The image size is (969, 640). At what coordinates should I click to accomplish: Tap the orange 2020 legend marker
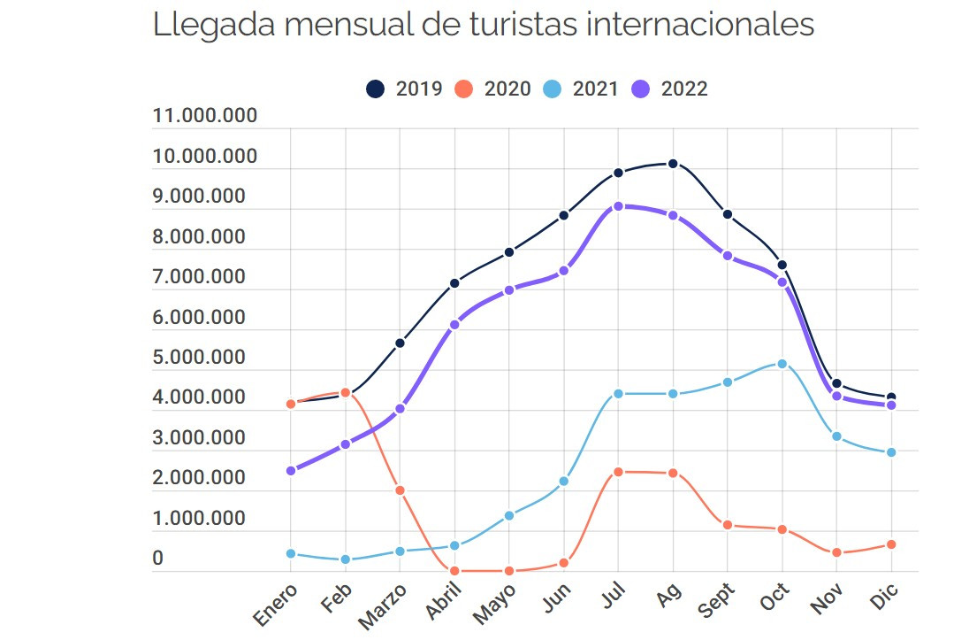click(x=464, y=89)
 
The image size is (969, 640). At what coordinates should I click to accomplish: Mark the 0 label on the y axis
click(x=158, y=559)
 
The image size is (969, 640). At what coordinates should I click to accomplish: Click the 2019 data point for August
click(x=673, y=164)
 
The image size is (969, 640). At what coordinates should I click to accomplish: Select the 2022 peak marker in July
click(x=619, y=206)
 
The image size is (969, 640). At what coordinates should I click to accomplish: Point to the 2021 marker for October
click(x=782, y=364)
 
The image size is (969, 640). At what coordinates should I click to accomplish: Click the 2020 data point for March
click(x=400, y=490)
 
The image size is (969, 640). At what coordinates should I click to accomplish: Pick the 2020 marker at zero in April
click(x=454, y=571)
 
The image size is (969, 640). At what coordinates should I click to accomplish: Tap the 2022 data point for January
click(x=291, y=471)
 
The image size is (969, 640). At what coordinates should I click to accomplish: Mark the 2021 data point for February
click(x=346, y=559)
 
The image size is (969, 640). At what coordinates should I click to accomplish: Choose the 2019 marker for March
click(x=400, y=343)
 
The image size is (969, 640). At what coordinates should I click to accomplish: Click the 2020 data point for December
click(x=891, y=544)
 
